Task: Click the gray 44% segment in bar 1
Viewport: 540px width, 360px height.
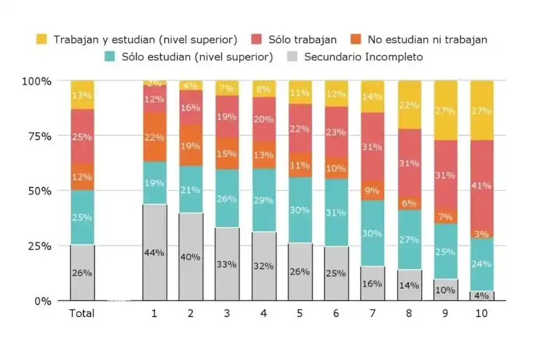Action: (155, 252)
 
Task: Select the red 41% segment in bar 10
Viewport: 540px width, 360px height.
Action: (482, 185)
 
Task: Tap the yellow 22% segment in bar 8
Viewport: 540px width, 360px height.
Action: (409, 105)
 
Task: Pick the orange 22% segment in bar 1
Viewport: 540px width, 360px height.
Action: (155, 137)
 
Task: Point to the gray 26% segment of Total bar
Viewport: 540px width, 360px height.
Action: (82, 272)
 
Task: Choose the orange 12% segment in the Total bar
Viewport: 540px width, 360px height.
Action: (82, 177)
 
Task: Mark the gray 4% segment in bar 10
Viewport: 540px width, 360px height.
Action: (482, 295)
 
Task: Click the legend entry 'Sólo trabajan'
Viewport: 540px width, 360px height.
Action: (302, 40)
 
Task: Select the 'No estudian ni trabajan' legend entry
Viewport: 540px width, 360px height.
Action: (427, 40)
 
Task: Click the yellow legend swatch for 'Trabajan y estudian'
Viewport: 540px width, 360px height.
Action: (42, 40)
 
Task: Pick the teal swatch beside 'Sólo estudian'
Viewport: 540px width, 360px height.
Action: (110, 57)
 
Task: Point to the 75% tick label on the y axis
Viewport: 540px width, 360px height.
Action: (37, 136)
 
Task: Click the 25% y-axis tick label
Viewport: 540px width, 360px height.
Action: (37, 246)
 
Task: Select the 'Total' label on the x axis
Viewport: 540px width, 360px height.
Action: (82, 313)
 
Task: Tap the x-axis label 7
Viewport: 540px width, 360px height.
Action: (372, 313)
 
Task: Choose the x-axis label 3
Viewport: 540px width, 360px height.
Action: (227, 313)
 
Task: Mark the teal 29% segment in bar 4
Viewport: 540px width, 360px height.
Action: (264, 200)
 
